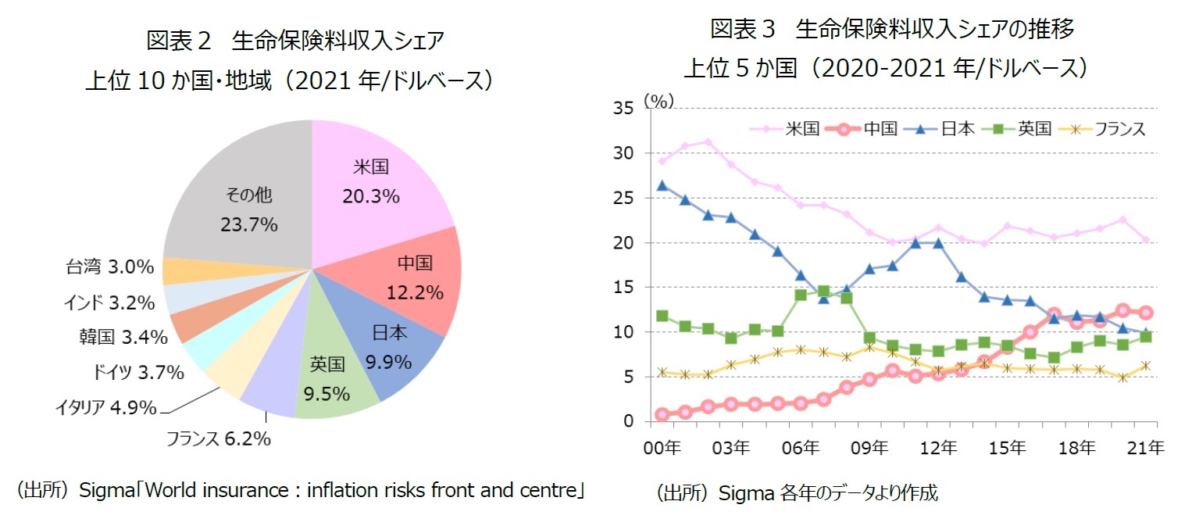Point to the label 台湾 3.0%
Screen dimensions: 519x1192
pyautogui.click(x=109, y=267)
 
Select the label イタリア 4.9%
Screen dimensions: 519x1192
pyautogui.click(x=105, y=407)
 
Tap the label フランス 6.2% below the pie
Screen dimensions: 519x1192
pyautogui.click(x=218, y=439)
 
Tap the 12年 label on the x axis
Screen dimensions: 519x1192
pyautogui.click(x=939, y=448)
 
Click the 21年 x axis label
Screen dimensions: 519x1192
pyautogui.click(x=1145, y=448)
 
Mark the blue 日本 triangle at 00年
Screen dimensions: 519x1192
pyautogui.click(x=662, y=186)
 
